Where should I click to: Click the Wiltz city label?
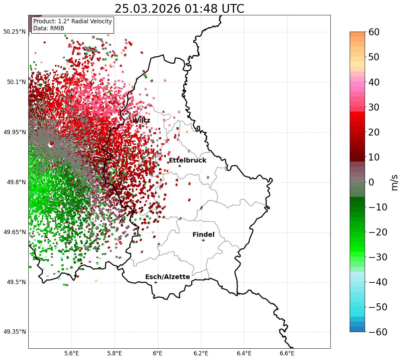[141, 121]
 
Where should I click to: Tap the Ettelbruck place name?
[188, 161]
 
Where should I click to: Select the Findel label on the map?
[203, 235]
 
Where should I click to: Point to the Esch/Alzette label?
[168, 277]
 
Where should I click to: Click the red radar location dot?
[52, 144]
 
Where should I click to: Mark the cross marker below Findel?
[203, 240]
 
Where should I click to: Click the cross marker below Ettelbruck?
[180, 166]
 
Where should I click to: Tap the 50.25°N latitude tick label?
[14, 32]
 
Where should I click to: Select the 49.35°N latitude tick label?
[14, 332]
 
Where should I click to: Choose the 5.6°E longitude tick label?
[72, 353]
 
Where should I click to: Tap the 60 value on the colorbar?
[374, 32]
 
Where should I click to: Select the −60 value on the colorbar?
[378, 332]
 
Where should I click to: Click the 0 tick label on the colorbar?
[371, 182]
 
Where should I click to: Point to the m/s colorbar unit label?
[395, 182]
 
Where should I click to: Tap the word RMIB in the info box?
[57, 28]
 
